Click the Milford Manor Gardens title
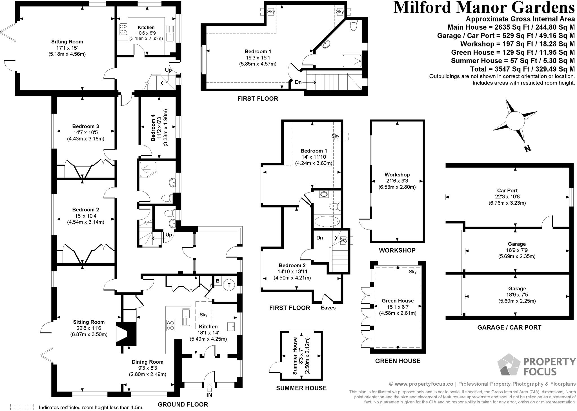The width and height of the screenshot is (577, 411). [484, 8]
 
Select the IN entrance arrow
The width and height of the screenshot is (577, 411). [209, 388]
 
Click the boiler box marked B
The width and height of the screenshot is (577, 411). [218, 281]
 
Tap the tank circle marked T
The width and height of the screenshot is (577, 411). [229, 285]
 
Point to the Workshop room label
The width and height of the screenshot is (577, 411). [397, 175]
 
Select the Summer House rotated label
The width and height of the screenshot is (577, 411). [295, 356]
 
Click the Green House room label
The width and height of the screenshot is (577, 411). [398, 301]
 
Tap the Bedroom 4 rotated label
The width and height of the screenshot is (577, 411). [153, 127]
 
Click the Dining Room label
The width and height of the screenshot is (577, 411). [147, 362]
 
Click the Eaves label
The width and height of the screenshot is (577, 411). [328, 308]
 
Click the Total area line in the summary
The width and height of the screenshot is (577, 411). [522, 69]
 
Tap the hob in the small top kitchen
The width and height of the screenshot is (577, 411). [123, 29]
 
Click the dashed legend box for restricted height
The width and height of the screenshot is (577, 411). [22, 407]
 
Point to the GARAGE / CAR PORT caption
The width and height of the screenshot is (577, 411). [509, 327]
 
